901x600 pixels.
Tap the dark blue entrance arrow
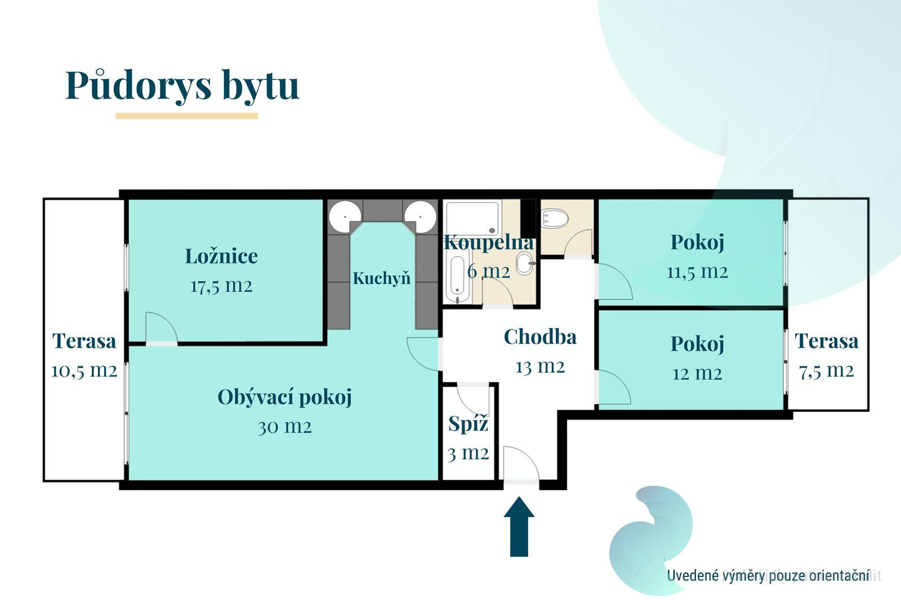coord(519,526)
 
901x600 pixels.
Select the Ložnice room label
coord(221,256)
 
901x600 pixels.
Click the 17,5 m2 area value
coord(221,286)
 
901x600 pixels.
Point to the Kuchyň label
coord(382,278)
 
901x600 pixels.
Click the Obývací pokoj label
coord(285,398)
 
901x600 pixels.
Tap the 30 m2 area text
coord(285,427)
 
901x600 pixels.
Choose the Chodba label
coord(540,337)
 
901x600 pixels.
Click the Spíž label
coord(468,424)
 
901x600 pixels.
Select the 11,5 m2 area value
coord(698,272)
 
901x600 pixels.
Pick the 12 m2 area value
coord(698,374)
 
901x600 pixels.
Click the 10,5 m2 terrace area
coord(84,371)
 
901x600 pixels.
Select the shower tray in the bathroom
coord(472,218)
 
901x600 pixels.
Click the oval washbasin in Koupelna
coord(524,263)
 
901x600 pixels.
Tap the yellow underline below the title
coord(186,116)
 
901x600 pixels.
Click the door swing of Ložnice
coord(161,328)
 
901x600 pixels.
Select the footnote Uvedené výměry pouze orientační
coord(768,575)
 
